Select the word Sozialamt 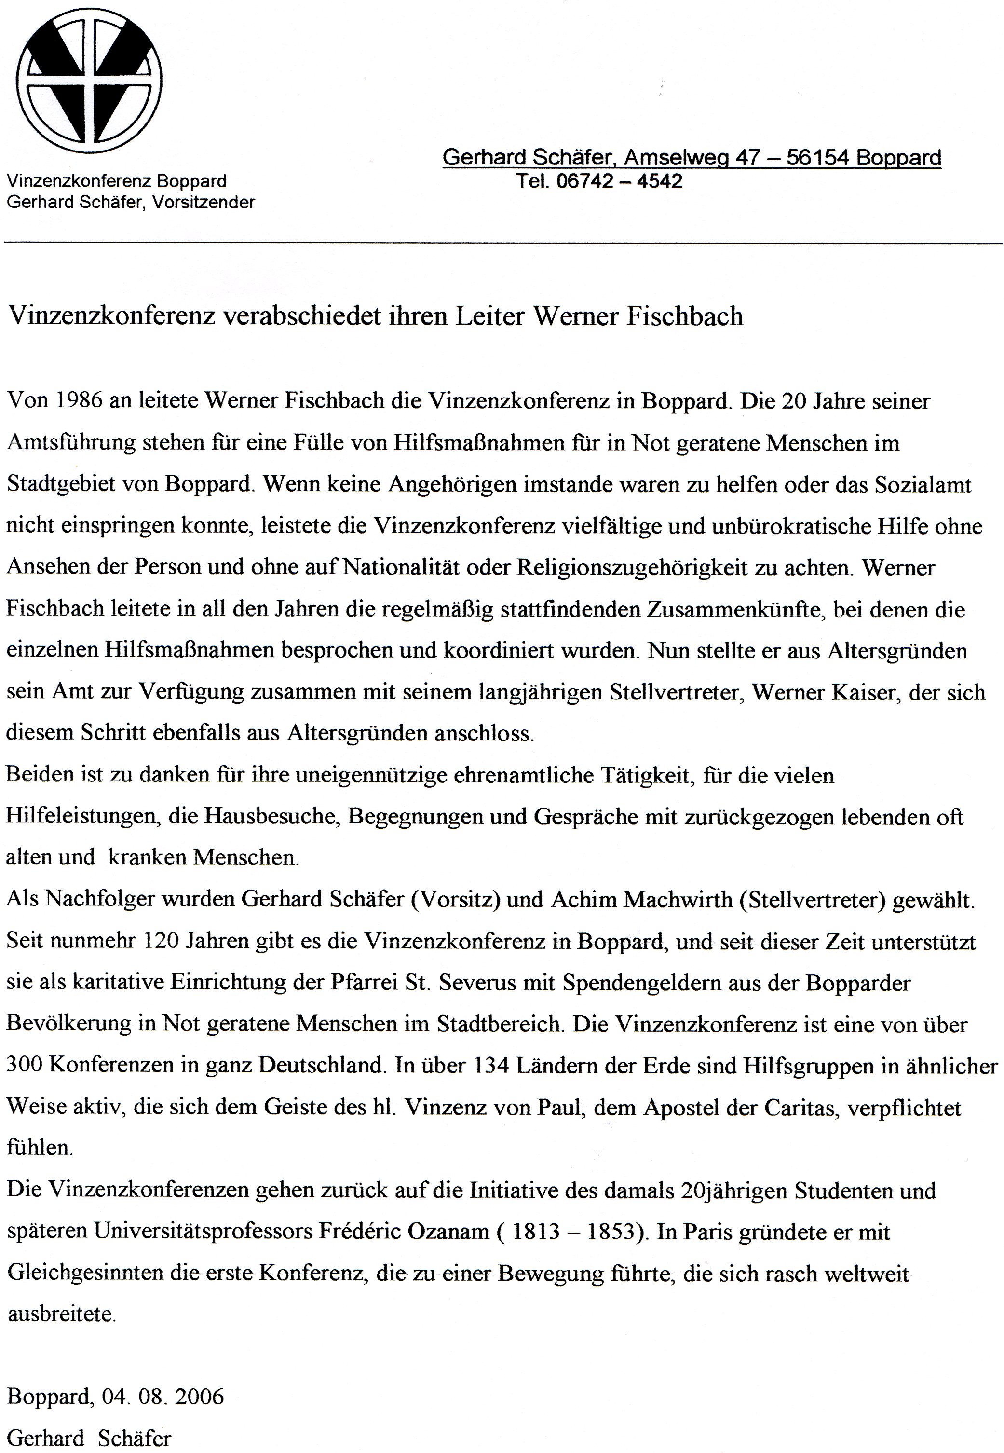[x=926, y=484]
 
